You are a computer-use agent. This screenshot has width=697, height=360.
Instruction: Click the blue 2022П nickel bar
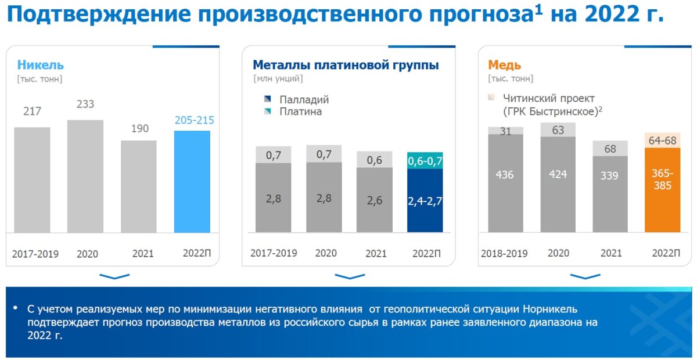pyautogui.click(x=192, y=181)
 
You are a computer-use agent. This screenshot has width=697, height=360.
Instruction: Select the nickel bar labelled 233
pyautogui.click(x=85, y=176)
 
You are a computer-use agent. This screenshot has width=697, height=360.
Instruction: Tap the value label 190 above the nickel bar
pyautogui.click(x=140, y=128)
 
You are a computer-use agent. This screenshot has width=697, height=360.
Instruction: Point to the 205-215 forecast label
pyautogui.click(x=194, y=120)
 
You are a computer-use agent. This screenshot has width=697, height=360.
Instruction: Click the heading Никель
pyautogui.click(x=41, y=65)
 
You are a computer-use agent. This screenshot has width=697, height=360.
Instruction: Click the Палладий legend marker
pyautogui.click(x=267, y=99)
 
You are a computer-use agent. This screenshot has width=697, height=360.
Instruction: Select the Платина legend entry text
pyautogui.click(x=301, y=111)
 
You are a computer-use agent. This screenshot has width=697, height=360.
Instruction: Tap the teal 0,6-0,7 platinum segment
pyautogui.click(x=425, y=161)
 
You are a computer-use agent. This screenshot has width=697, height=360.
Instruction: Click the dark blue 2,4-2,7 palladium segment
pyautogui.click(x=425, y=200)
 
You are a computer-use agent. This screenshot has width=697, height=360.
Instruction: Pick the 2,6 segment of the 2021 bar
pyautogui.click(x=374, y=200)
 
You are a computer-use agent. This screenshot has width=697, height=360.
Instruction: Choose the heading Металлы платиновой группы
pyautogui.click(x=346, y=65)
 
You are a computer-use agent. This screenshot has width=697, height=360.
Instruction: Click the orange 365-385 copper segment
pyautogui.click(x=663, y=190)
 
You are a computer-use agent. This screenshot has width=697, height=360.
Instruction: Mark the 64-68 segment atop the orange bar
pyautogui.click(x=663, y=141)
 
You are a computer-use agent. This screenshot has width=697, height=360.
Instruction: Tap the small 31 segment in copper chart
pyautogui.click(x=506, y=131)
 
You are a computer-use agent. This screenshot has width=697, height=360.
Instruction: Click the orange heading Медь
pyautogui.click(x=504, y=65)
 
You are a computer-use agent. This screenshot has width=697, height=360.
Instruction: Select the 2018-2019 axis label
pyautogui.click(x=504, y=254)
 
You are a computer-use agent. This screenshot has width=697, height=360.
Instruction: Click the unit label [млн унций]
pyautogui.click(x=278, y=78)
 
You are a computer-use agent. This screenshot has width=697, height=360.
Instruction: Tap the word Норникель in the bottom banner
pyautogui.click(x=550, y=309)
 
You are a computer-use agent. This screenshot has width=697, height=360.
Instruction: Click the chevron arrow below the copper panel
pyautogui.click(x=585, y=276)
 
